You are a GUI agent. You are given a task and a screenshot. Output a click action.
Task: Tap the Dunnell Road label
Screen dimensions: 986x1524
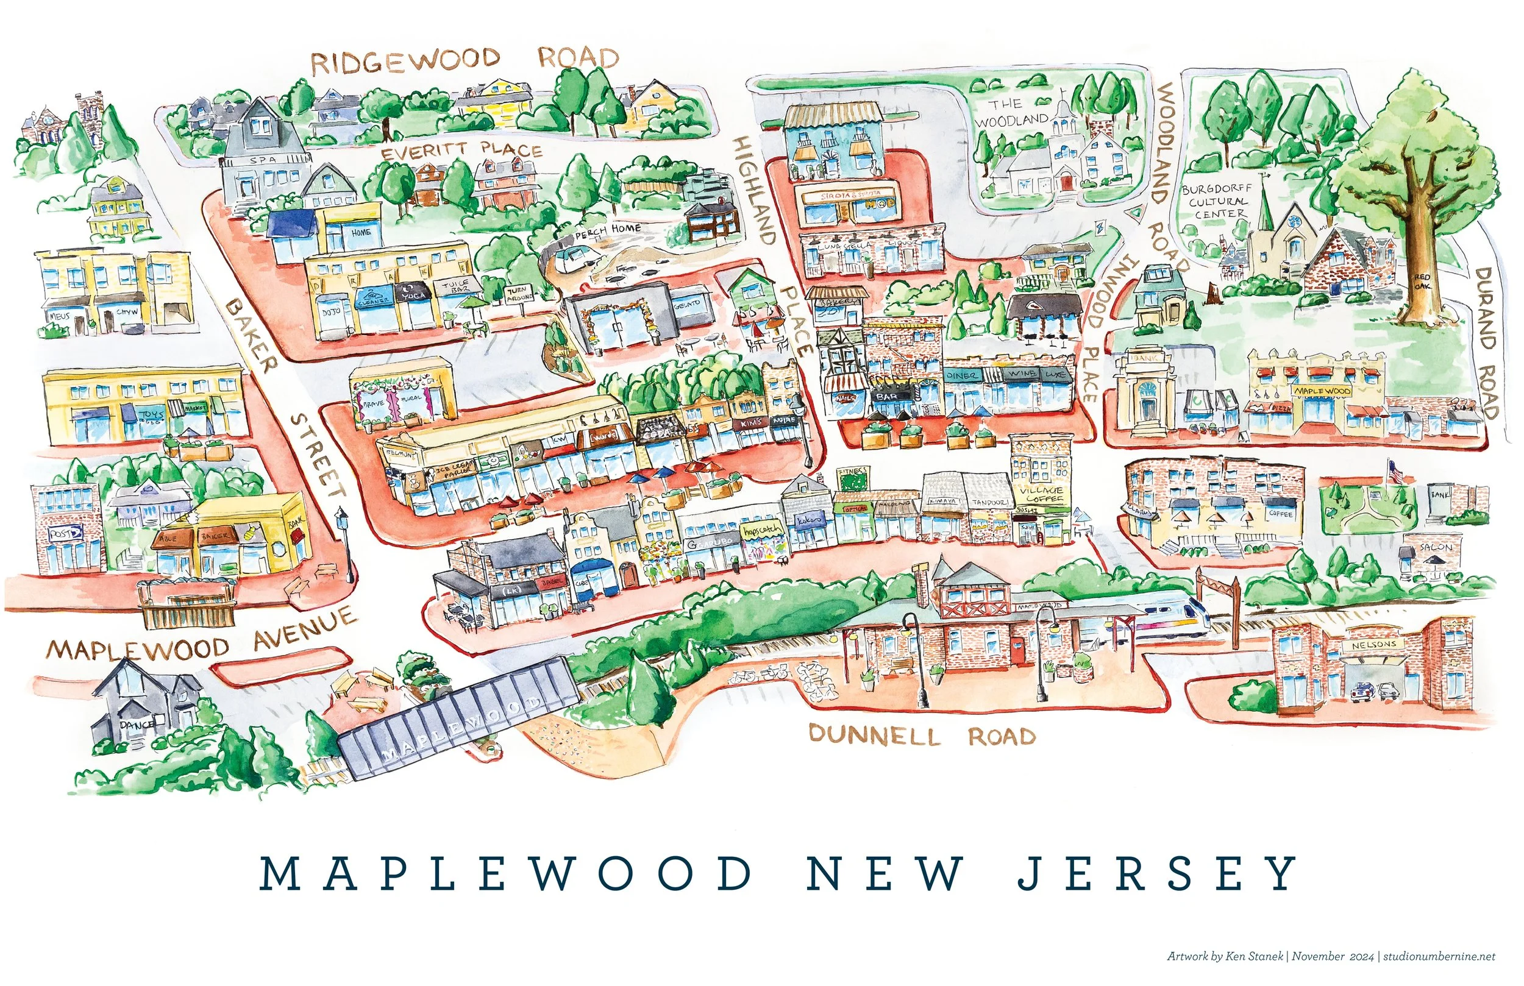click(x=922, y=735)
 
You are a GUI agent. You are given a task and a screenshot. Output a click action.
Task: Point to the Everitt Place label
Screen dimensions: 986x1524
click(x=461, y=151)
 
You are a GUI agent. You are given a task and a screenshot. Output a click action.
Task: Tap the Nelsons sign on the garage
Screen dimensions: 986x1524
click(x=1373, y=645)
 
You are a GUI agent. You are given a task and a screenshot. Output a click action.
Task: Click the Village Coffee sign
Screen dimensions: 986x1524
click(x=1044, y=494)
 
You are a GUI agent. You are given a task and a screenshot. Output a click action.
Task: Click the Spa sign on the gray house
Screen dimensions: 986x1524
click(x=263, y=160)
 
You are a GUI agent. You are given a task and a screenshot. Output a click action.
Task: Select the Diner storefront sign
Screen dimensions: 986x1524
click(x=962, y=376)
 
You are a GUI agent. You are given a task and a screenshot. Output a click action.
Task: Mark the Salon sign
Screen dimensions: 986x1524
click(x=1436, y=547)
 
